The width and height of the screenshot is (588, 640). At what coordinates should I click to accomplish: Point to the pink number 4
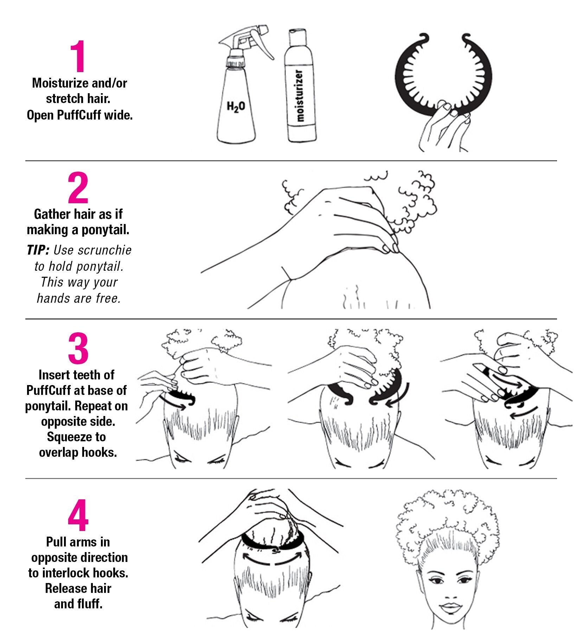[78, 515]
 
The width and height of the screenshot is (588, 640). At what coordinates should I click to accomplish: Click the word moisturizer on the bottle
[299, 96]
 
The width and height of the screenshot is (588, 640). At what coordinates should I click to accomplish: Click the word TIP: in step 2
[38, 250]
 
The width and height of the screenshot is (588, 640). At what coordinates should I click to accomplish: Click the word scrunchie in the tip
[104, 250]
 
